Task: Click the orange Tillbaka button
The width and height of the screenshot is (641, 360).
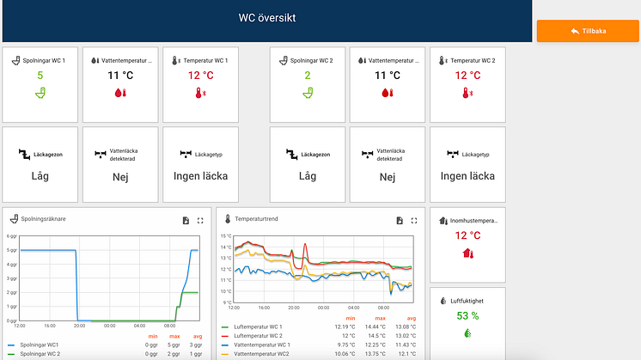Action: [589, 31]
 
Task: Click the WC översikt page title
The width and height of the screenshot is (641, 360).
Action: [266, 17]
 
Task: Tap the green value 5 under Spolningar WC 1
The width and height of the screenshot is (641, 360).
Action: [40, 75]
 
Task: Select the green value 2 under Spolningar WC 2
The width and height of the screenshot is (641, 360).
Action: [308, 75]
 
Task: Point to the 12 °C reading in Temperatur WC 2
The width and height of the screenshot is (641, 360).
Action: [467, 75]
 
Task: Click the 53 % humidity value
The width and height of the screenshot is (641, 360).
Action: [467, 316]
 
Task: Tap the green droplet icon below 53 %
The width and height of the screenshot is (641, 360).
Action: [467, 333]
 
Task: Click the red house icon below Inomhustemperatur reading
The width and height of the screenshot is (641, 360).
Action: [467, 253]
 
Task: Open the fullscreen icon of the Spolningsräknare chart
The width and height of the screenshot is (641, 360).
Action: [200, 221]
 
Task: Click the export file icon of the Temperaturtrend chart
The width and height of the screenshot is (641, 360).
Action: [400, 221]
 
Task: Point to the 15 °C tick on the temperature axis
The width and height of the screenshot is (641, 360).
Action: [226, 236]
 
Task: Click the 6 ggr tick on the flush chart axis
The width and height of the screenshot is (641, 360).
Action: [12, 236]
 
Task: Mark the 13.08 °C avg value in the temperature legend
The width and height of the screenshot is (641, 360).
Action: [406, 327]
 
